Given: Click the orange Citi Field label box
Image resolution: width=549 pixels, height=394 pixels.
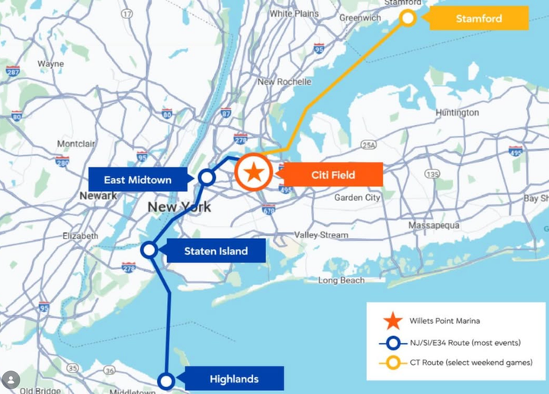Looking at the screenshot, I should coord(332,175).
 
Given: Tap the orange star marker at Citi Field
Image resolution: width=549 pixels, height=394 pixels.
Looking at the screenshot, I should coord(254,173).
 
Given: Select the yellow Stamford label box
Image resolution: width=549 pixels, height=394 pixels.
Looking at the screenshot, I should coord(479,18).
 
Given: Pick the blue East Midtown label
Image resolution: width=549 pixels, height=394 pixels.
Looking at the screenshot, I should coord(137,180).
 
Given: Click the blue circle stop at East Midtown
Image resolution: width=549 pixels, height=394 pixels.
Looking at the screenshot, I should coord(206,177).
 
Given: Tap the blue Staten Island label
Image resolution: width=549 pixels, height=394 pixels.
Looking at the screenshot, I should coord(215,250).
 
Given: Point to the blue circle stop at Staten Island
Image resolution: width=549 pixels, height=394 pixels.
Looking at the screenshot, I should coord(149,250).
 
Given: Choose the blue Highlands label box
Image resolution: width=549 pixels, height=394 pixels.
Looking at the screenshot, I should coord(233,379).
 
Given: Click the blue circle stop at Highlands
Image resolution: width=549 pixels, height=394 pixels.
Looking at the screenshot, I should coord(165,380).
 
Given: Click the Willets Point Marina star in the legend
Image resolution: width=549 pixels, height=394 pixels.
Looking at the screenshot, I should coord(393,321).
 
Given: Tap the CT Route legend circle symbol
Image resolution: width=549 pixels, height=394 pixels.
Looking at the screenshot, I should coord(393,363).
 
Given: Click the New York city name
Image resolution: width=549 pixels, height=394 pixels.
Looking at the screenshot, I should coord(179,207).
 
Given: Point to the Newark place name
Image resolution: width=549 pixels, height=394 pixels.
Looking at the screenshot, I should coord(98,196).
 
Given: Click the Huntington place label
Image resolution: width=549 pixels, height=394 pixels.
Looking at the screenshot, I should coord(457,113).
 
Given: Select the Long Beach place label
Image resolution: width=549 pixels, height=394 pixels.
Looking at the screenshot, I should coord(342,280).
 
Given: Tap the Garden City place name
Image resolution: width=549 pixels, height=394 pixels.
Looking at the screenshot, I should coord(357,198).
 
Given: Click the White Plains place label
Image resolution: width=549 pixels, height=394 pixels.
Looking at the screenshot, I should coord(294,14).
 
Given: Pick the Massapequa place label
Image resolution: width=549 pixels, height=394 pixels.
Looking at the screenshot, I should coord(434,226).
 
